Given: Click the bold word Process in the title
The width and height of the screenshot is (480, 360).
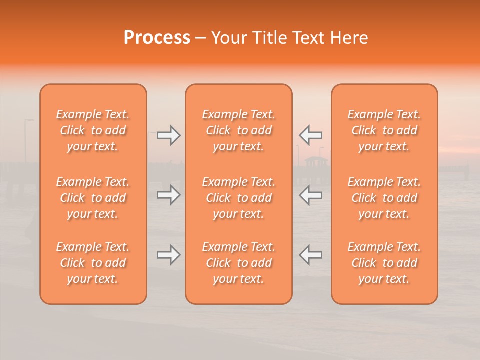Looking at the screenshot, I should click(x=157, y=38).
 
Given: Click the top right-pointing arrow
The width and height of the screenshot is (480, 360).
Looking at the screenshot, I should click(x=168, y=135).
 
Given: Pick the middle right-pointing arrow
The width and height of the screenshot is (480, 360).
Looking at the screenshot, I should click(x=168, y=195).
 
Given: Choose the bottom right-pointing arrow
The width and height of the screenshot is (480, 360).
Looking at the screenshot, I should click(x=168, y=255).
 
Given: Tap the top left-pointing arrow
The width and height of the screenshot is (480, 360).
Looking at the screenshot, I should click(x=311, y=135).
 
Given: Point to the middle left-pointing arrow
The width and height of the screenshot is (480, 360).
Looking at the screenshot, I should click(x=311, y=195).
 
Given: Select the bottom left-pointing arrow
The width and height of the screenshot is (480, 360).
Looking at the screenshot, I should click(x=311, y=255).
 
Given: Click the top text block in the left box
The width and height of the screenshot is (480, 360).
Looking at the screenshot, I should click(x=93, y=130).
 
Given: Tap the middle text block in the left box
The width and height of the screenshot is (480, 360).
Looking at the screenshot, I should click(x=93, y=198).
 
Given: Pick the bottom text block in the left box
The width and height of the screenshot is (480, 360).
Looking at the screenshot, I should click(x=93, y=263).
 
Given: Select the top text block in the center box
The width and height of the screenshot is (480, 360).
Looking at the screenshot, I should click(x=238, y=130).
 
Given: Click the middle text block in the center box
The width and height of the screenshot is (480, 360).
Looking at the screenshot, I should click(x=238, y=198).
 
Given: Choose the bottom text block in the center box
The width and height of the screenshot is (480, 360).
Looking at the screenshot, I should click(x=238, y=263).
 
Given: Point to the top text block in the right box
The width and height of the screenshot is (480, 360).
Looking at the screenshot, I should click(x=384, y=130).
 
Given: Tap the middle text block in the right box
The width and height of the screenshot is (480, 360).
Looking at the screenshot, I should click(x=384, y=198).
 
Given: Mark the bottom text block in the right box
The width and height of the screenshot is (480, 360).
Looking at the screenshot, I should click(x=384, y=263).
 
